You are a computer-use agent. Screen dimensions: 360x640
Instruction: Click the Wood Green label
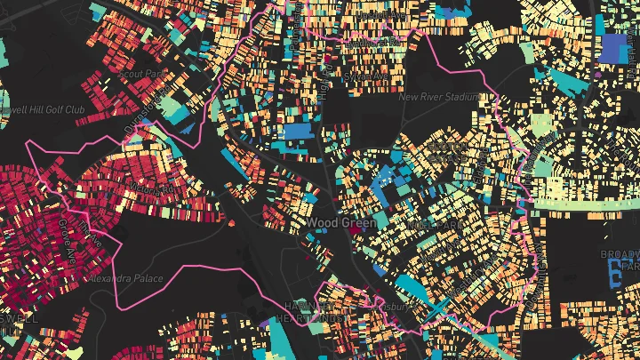tap(342, 223)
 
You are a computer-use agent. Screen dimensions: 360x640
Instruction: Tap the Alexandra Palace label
tap(125, 278)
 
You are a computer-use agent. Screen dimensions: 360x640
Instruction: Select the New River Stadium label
tap(442, 98)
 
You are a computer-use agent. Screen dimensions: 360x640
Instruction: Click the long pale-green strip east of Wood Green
tap(587, 204)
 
